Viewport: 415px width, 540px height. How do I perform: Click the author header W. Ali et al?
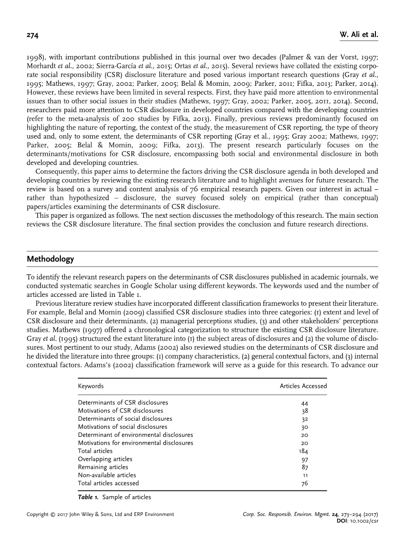359,35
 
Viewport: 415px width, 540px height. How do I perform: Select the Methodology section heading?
50,259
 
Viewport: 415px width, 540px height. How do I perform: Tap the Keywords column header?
90,386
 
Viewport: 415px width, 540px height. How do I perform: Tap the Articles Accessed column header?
303,386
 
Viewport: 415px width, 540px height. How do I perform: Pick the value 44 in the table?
304,403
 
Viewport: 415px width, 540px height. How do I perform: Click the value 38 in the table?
304,411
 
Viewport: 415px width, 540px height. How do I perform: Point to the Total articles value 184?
303,451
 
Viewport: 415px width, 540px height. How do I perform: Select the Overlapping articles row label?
105,459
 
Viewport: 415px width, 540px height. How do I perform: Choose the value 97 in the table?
304,459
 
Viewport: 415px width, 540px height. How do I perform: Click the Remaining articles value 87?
304,467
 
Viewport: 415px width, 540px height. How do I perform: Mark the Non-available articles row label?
107,475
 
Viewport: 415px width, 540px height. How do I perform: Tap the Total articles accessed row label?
108,483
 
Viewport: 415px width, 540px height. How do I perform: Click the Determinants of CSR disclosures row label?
123,403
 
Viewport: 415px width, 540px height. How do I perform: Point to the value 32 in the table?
304,419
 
